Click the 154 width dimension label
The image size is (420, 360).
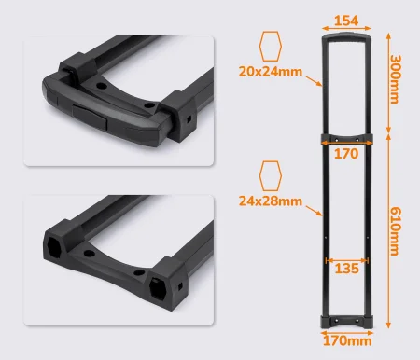coord(346,21)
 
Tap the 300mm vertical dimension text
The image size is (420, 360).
coord(395,79)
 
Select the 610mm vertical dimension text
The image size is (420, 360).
coord(395,231)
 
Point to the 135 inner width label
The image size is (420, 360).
coord(346,269)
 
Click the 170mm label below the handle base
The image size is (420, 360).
coord(347,341)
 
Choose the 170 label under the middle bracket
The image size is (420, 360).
coord(346,154)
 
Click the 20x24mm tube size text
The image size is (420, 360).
coord(271,72)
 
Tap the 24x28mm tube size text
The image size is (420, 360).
coord(271,201)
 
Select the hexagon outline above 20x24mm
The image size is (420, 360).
coord(271,46)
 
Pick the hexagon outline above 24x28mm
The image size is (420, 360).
coord(271,175)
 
